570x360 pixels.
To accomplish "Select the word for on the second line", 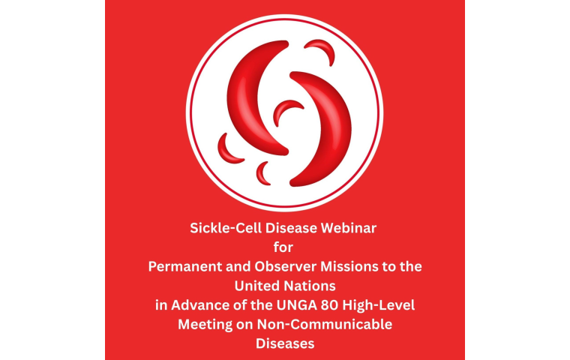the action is tap(283, 247).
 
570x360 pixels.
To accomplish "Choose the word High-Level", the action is tap(379, 305).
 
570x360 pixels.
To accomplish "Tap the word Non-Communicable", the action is tap(325, 324).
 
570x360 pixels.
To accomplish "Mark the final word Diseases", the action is tap(285, 343).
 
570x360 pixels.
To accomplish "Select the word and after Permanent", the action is tap(238, 266).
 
